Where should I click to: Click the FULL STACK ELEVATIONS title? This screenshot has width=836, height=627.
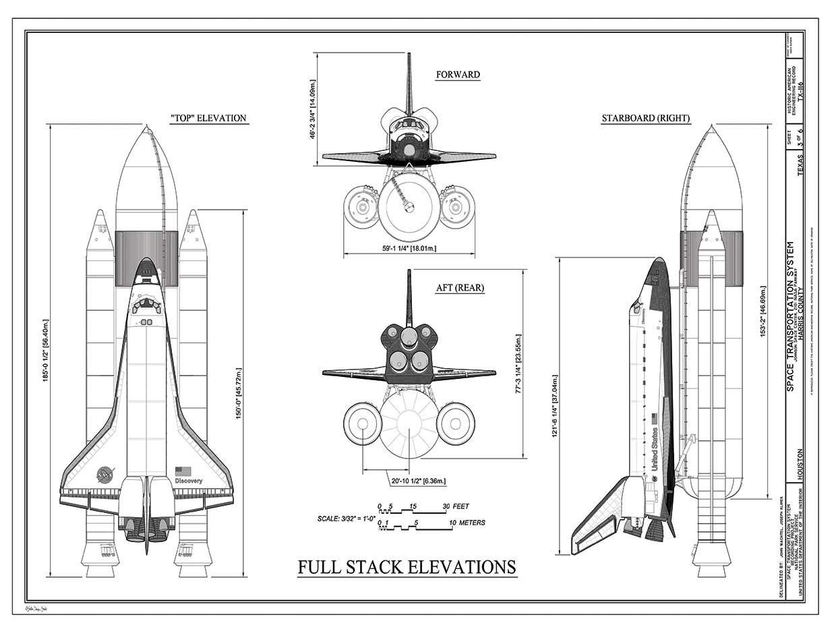coord(407,567)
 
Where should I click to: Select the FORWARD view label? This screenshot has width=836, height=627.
coord(458,75)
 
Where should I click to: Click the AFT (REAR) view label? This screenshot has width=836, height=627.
coord(460,288)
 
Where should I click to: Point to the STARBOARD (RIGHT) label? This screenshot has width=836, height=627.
coord(645,119)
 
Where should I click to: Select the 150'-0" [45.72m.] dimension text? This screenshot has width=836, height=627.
coord(238,394)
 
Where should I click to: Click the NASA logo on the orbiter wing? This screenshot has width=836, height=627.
coord(105,474)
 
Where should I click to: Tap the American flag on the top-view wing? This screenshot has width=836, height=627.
coord(183,471)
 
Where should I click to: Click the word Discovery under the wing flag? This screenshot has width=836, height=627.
coord(188,481)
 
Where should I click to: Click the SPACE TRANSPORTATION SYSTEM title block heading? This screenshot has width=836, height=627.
coord(790,317)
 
